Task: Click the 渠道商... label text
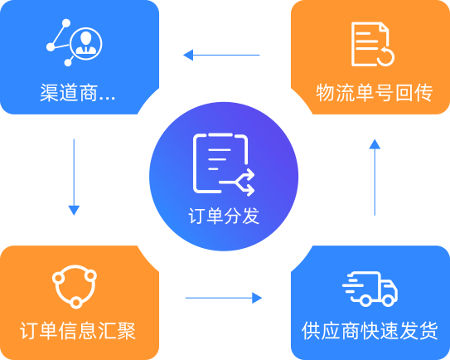tap(78, 93)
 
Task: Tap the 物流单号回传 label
tap(375, 93)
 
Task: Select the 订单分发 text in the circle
tap(224, 216)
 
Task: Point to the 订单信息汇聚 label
tap(78, 331)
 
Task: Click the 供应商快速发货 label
tap(370, 331)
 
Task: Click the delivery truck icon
tap(370, 289)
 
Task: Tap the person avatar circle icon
tap(85, 43)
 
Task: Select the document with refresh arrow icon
tap(373, 44)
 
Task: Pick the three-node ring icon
tap(75, 286)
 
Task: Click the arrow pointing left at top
tap(221, 55)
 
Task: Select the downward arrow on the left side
tap(74, 177)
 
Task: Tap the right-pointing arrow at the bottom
tap(224, 298)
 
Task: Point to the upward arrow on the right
tap(375, 178)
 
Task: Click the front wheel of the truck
tap(389, 300)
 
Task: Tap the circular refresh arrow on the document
tap(386, 57)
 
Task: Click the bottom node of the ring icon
tap(75, 302)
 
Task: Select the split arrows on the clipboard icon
tap(238, 182)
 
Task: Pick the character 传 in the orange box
tap(423, 93)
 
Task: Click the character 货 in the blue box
tap(428, 331)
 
